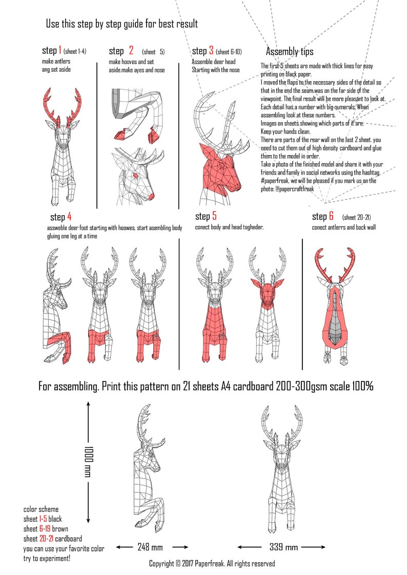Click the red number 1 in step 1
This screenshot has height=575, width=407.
[60, 50]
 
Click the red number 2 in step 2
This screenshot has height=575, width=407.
[131, 50]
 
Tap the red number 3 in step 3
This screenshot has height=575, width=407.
[211, 51]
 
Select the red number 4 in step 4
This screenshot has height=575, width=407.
[69, 217]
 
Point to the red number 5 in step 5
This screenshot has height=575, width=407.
[214, 217]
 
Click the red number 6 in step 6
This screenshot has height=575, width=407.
[331, 217]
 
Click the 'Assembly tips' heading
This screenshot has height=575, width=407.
[290, 52]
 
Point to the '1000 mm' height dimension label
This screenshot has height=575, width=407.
[89, 461]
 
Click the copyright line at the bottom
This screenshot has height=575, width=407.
[212, 564]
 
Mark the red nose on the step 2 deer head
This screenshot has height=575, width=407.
[149, 197]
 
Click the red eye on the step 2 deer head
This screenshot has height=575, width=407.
[136, 176]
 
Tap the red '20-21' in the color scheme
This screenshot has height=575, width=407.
[46, 539]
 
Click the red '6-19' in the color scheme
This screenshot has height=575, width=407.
[45, 529]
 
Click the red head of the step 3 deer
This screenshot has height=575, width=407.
[220, 169]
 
